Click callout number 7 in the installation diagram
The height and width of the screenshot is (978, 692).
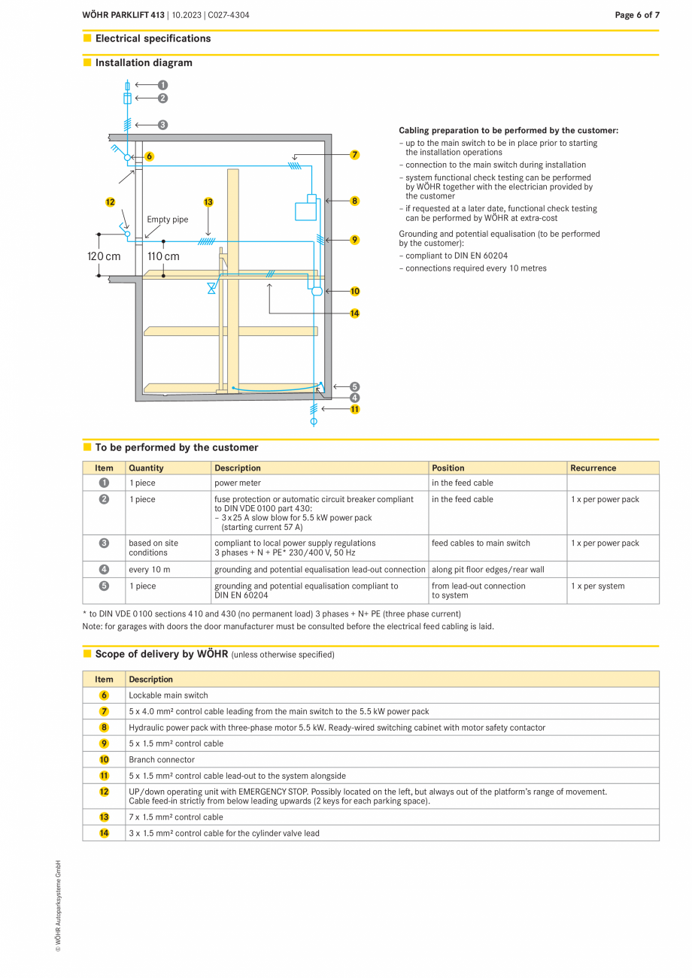(354, 155)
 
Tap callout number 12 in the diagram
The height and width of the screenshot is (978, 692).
(111, 201)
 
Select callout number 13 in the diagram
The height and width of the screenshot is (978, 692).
(208, 201)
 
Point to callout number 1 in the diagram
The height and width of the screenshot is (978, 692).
(162, 85)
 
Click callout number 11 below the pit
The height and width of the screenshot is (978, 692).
(354, 409)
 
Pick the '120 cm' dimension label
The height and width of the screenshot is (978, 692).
(104, 256)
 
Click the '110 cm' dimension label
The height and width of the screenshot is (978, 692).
(163, 256)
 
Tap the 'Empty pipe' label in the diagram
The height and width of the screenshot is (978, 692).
(167, 220)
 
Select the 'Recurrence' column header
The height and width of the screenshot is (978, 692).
(593, 468)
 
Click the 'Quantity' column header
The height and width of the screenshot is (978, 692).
(146, 468)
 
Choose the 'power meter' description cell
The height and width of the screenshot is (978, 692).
(238, 483)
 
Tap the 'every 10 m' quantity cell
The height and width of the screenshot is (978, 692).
(149, 570)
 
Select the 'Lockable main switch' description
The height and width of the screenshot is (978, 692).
(168, 695)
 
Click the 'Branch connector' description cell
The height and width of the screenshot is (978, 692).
(162, 759)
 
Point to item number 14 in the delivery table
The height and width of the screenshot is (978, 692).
(104, 833)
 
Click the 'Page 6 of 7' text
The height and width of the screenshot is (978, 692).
(636, 15)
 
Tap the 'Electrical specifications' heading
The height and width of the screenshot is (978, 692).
(153, 38)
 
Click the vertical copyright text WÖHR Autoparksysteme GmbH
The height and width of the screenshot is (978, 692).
(58, 906)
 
